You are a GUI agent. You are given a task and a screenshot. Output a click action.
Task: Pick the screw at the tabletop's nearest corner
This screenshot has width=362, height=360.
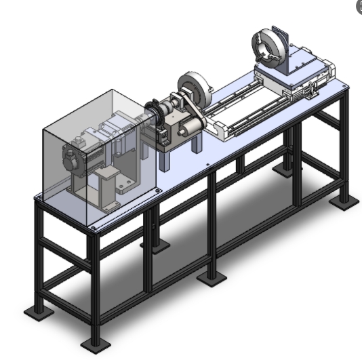[x=92, y=229]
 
